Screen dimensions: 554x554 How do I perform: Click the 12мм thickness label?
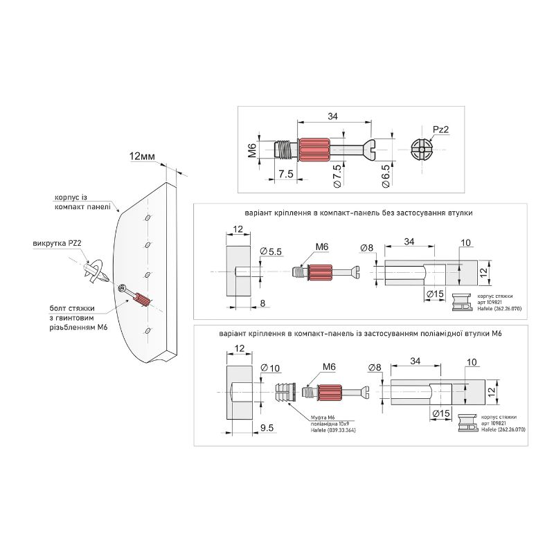[x=143, y=157]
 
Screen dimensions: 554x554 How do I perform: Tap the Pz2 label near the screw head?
[x=440, y=129]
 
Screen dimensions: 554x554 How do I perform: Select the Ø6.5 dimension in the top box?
[x=386, y=176]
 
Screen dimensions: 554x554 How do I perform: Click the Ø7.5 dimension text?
[x=337, y=176]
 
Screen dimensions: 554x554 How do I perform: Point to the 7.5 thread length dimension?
[x=285, y=174]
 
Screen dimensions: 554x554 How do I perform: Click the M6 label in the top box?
[x=252, y=150]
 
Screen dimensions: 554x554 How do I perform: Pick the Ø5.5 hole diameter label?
[x=271, y=251]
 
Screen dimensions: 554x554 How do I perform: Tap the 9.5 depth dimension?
[x=267, y=428]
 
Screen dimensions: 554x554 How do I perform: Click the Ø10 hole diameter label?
[x=270, y=368]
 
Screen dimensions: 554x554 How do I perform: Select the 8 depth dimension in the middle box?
[x=262, y=303]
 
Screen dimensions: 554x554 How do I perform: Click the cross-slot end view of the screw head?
[x=422, y=150]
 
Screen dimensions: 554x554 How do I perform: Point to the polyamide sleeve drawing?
[x=285, y=392]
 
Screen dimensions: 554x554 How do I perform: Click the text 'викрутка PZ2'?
[x=57, y=244]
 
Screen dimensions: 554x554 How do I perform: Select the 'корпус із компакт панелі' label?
[x=82, y=202]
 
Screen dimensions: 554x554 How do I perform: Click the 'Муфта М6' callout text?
[x=323, y=418]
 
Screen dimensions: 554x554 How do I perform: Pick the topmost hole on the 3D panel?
[x=148, y=217]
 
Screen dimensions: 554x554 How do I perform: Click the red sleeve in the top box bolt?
[x=314, y=150]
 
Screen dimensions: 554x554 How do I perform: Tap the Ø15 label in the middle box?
[x=434, y=294]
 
